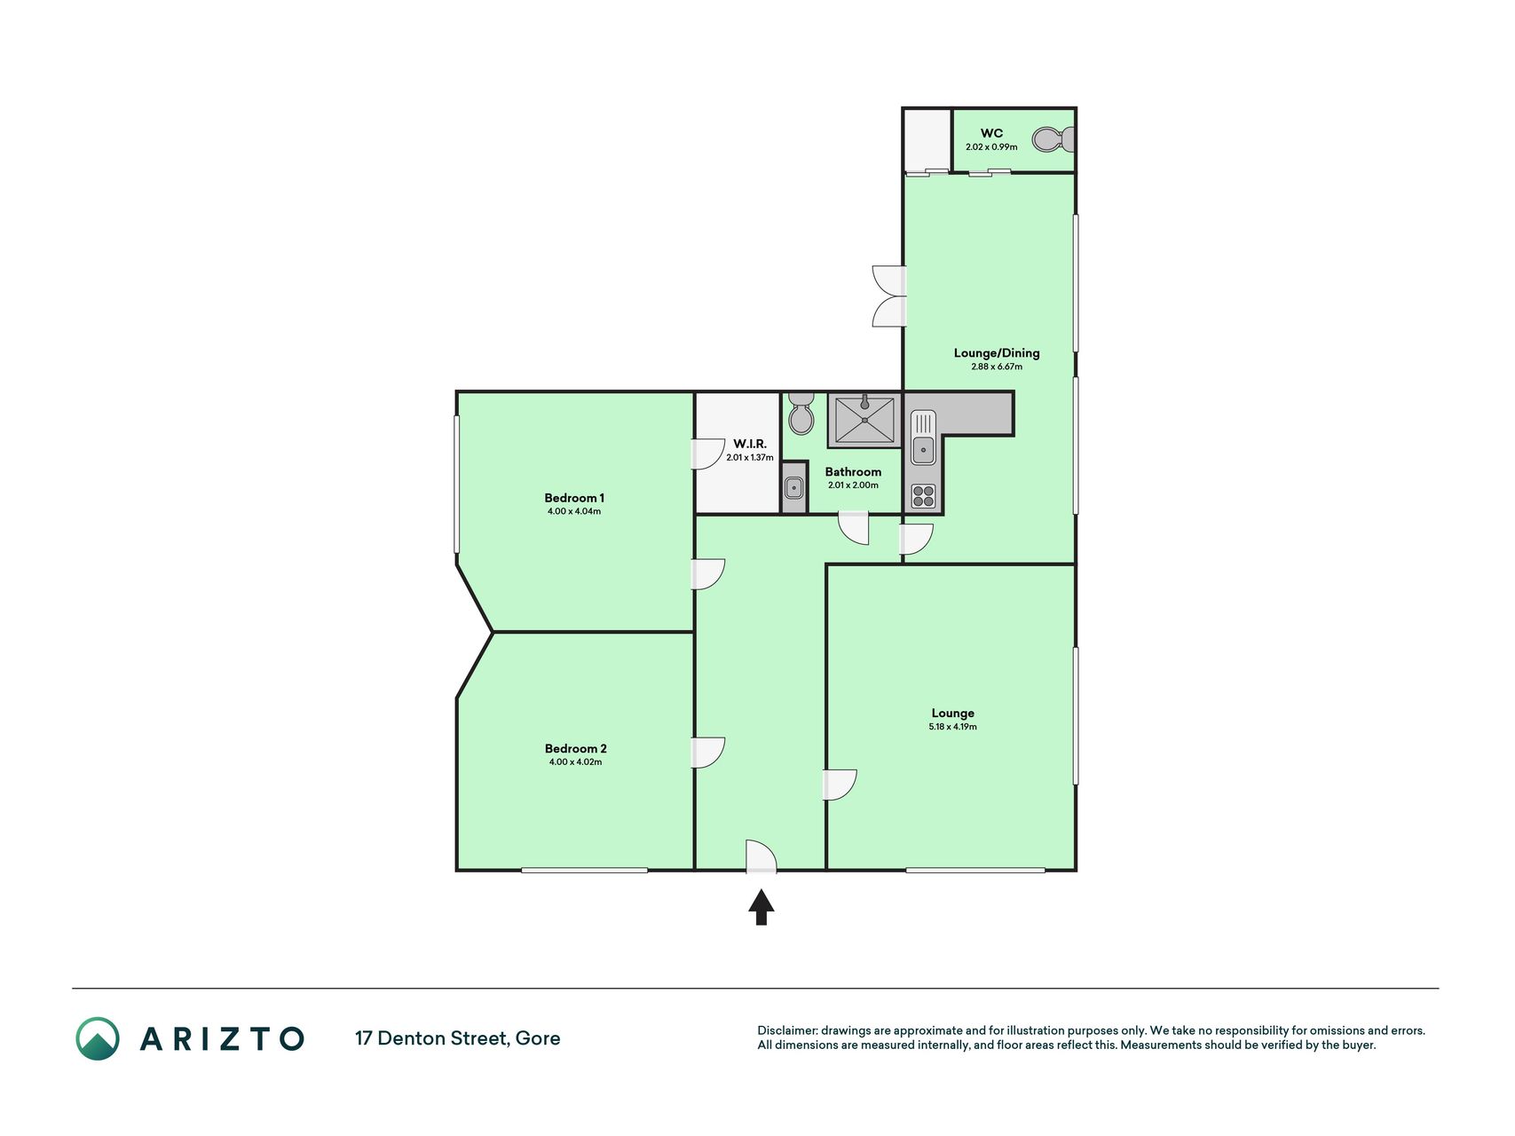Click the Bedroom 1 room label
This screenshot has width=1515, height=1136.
pos(574,498)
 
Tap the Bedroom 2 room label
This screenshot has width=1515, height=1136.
pos(575,748)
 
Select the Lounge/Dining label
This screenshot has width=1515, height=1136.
pos(997,353)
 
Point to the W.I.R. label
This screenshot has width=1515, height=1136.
pos(750,444)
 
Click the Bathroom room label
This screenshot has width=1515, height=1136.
pos(853,472)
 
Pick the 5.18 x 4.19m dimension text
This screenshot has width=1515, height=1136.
pos(953,727)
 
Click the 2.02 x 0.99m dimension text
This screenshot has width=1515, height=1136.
pos(991,147)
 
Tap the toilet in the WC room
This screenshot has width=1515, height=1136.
pos(1053,139)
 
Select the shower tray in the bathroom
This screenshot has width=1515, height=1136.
pos(864,420)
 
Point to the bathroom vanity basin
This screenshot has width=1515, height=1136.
pos(794,487)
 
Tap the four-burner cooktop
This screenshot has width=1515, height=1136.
pos(923,496)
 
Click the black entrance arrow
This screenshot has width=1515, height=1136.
pos(761,907)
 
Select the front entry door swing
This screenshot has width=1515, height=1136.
pos(761,856)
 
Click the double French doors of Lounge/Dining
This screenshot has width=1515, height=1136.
pos(889,296)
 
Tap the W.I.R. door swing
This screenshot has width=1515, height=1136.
pos(708,454)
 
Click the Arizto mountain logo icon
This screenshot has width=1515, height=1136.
pos(98,1038)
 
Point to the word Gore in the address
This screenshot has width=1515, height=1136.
pos(538,1038)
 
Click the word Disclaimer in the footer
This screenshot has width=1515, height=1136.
pos(786,1030)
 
